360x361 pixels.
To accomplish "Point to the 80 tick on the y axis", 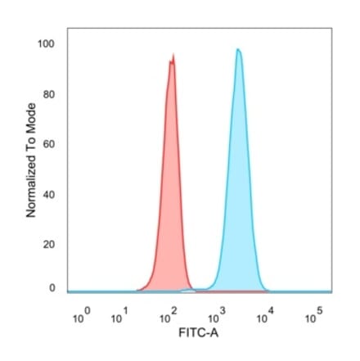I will (49, 94).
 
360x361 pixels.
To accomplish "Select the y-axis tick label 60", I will (49, 145).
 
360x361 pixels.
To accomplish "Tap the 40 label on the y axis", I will (49, 196).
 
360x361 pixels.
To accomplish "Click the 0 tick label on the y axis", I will (52, 288).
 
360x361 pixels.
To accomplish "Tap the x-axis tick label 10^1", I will (119, 315).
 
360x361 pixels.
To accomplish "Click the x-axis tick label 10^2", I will (169, 315).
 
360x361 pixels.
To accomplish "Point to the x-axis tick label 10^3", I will (216, 315).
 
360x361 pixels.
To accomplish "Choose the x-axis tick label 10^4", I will (264, 315).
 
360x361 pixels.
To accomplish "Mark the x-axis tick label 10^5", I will (313, 315).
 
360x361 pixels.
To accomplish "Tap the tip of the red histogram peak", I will (173, 56).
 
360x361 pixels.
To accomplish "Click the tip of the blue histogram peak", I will (238, 49).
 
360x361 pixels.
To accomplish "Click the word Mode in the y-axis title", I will (31, 117).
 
